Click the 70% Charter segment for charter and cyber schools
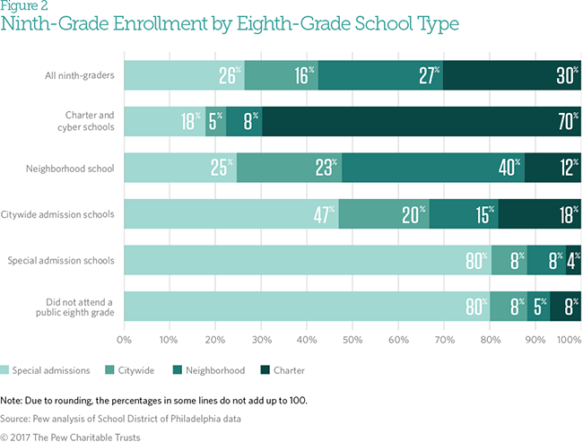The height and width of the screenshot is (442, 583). click(422, 122)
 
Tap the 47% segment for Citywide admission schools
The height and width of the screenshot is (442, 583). click(231, 214)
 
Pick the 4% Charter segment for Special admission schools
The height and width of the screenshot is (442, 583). click(573, 261)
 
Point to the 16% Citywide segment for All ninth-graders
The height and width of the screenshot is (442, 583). click(281, 75)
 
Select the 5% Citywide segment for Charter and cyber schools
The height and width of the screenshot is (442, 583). click(216, 122)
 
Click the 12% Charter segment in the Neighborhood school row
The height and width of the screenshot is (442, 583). click(553, 168)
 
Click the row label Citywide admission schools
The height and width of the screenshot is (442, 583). click(61, 214)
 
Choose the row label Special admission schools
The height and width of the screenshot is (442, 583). click(62, 261)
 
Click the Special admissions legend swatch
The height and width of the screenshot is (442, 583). click(6, 368)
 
